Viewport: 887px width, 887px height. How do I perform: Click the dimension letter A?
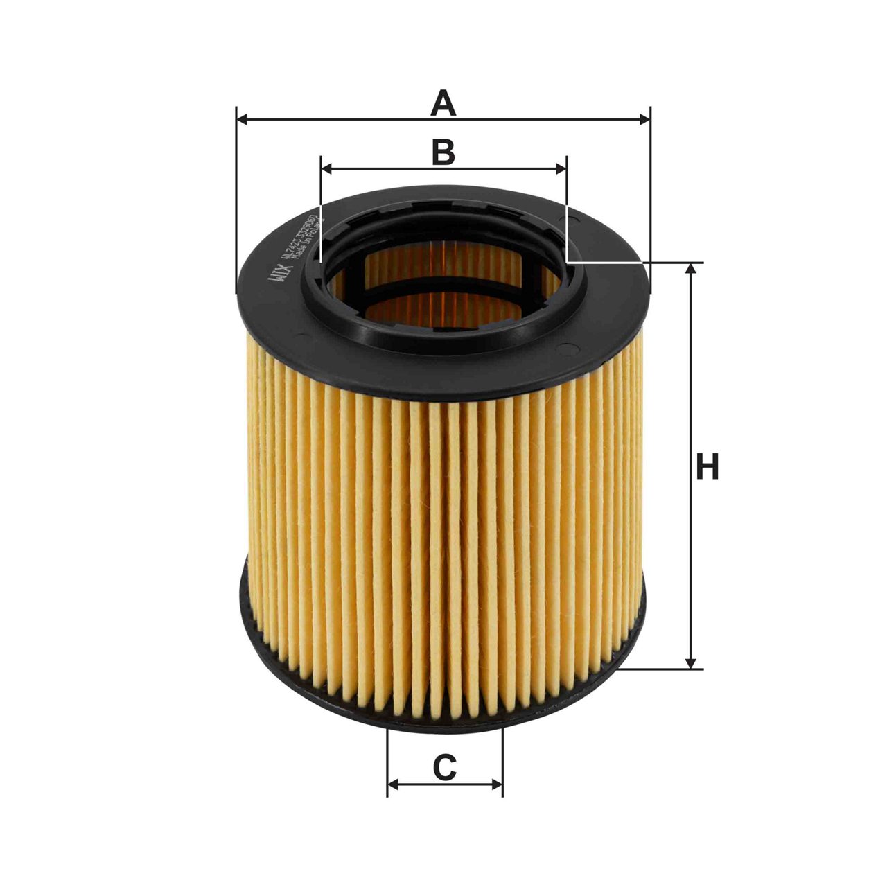443,103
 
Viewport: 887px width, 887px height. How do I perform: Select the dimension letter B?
443,152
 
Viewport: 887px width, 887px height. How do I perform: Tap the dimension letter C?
444,767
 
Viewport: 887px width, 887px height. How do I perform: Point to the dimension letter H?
707,467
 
